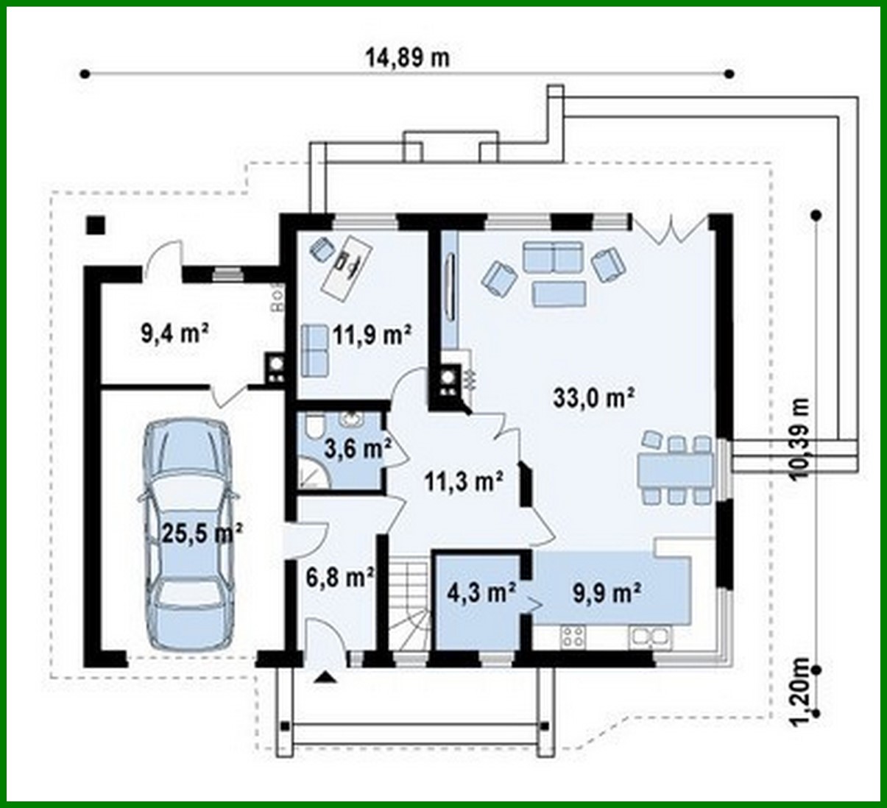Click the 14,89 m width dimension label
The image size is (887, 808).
pos(407,57)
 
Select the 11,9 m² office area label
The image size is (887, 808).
pos(371,335)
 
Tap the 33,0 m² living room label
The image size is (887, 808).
pos(594,397)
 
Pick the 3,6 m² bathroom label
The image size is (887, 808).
pos(357,449)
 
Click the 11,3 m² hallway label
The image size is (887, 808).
pos(464,481)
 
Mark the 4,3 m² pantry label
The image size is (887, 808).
pos(481,591)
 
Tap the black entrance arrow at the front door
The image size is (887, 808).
pos(324,677)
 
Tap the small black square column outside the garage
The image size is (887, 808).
pos(95,224)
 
